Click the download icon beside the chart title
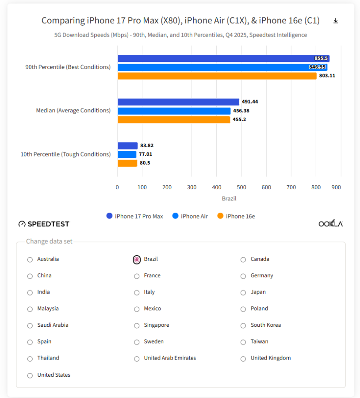336,21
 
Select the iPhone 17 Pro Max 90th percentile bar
223,58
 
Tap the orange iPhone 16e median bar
173,119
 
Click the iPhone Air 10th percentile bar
127,154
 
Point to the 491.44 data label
250,102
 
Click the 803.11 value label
327,76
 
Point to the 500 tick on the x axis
241,188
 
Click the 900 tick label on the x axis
336,188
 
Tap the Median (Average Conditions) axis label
73,111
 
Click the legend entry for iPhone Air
190,216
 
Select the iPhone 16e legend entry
236,216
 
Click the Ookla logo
330,223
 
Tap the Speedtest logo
44,224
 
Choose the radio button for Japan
243,293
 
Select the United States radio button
30,375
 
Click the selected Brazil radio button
137,260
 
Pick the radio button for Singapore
137,326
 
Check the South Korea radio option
243,326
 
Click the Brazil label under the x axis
229,199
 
